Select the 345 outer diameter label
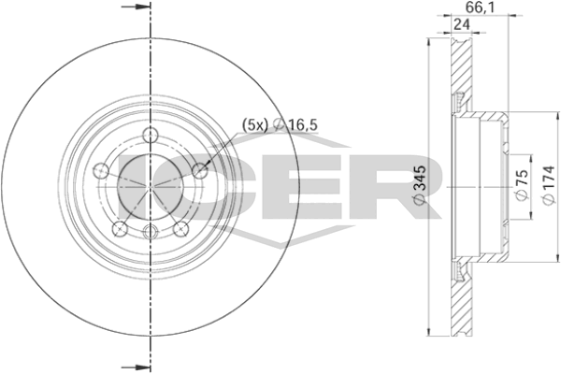click(418, 185)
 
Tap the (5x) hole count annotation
click(255, 123)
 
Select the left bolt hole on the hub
click(99, 171)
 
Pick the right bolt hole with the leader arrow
click(198, 171)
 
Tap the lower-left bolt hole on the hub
click(118, 228)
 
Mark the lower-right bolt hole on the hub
click(180, 228)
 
